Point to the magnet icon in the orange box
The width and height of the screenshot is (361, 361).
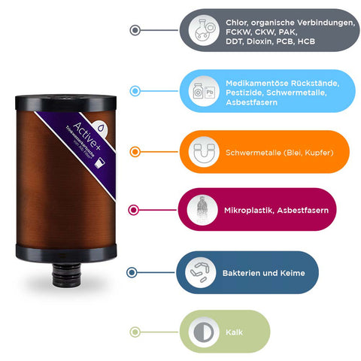point(202,152)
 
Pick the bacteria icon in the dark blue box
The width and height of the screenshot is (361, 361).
point(202,272)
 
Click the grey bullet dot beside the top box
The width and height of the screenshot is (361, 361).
point(135,30)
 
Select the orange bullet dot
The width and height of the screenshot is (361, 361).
point(135,151)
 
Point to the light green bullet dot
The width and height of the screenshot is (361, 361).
point(135,331)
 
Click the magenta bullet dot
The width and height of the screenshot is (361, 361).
point(135,211)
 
